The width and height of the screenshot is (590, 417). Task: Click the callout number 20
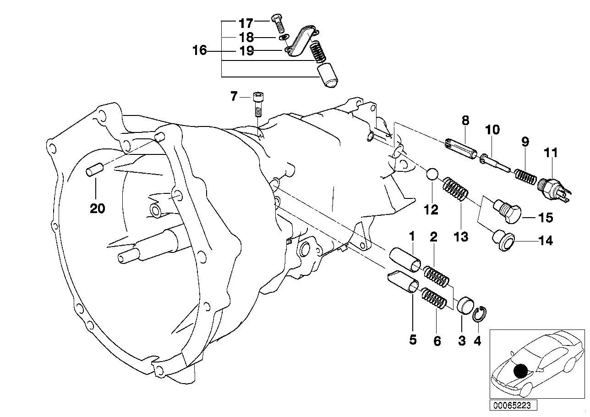(x=97, y=208)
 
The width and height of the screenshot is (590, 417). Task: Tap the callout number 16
(x=200, y=50)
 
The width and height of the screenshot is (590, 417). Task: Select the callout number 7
(x=234, y=96)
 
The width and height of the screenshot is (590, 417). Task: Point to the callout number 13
(x=461, y=236)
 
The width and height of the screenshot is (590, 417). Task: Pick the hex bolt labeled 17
(x=278, y=26)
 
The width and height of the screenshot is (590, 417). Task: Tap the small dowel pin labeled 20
(x=94, y=170)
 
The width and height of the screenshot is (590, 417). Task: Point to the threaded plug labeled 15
(x=507, y=211)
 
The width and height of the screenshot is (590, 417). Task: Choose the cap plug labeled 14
(x=503, y=241)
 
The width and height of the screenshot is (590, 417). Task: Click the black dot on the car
(x=521, y=371)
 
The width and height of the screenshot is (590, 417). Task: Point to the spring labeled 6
(x=434, y=298)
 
